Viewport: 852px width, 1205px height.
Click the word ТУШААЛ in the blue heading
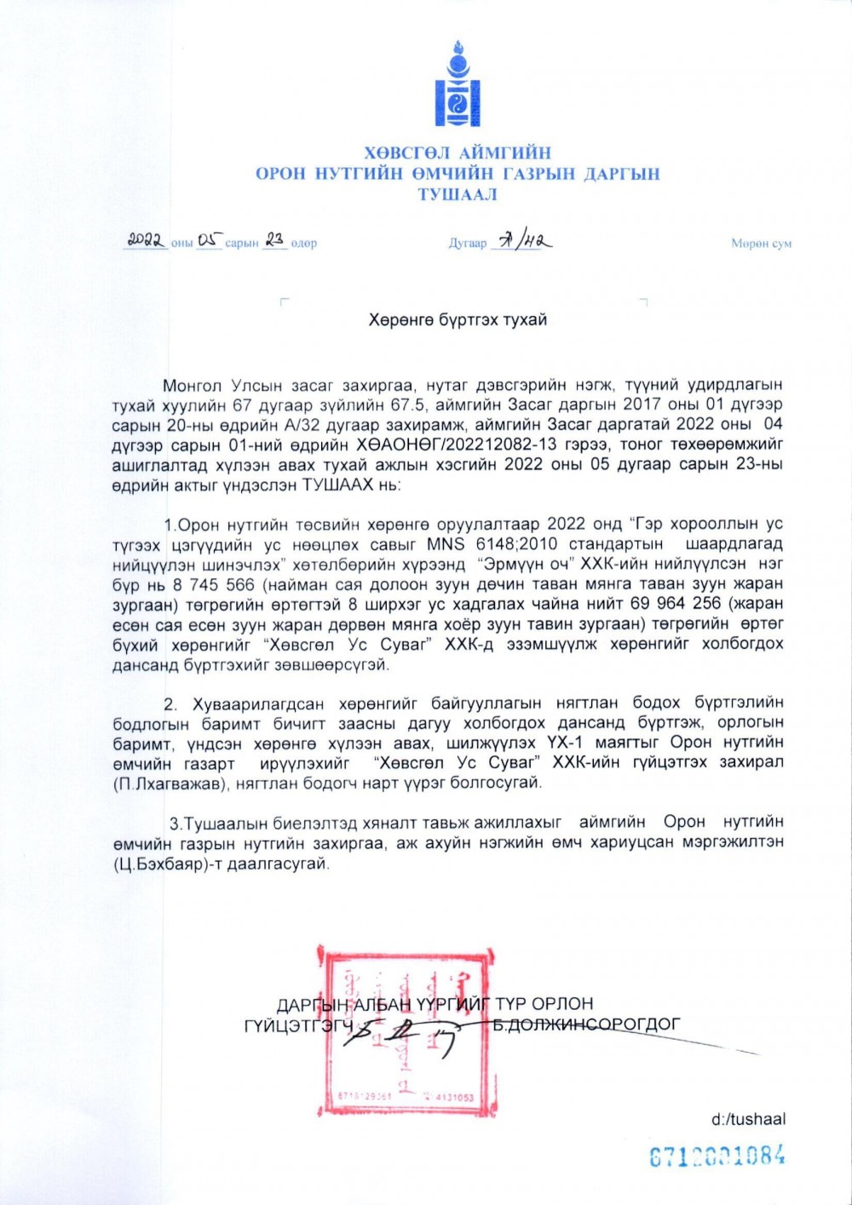[x=458, y=194]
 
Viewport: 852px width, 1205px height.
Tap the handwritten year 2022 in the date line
[x=147, y=241]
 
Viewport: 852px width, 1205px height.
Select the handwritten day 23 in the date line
[x=274, y=241]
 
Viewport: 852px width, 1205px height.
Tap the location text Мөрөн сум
[x=761, y=244]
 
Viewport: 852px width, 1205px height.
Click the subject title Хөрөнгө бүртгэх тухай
[x=458, y=320]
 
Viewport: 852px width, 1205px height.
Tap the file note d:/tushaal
[x=748, y=1119]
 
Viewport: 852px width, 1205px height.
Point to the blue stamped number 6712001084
[x=717, y=1156]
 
